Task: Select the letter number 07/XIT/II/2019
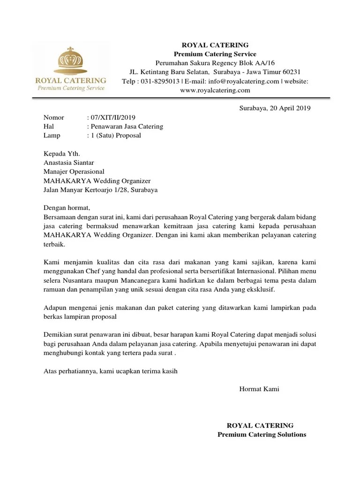[114, 117]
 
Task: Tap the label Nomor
[53, 117]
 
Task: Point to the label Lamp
[52, 135]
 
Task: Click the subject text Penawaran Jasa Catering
[127, 127]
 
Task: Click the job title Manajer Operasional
[74, 172]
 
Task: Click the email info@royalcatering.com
[244, 81]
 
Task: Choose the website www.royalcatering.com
[215, 90]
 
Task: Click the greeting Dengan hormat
[66, 208]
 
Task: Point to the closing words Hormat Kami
[259, 389]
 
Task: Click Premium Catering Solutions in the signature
[262, 435]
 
